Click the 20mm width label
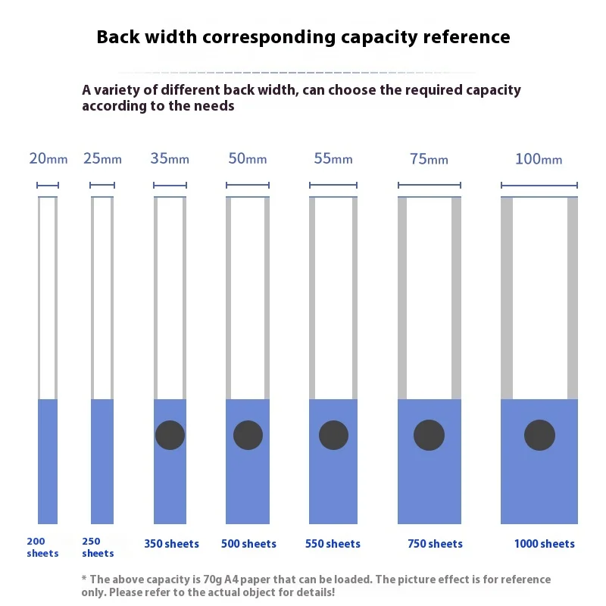pos(48,159)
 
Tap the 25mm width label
pos(102,159)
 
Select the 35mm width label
pos(170,159)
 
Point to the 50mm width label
pos(247,159)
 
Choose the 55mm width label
pos(333,159)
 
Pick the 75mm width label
pos(429,159)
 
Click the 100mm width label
pos(539,159)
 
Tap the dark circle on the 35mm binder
pos(170,435)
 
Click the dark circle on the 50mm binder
pos(248,435)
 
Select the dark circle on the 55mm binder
pos(333,435)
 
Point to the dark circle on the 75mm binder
pos(429,435)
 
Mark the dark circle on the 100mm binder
pos(539,435)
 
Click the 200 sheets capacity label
pos(42,548)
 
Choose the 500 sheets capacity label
pos(248,544)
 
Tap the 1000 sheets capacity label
pos(544,544)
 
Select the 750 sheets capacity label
pos(435,544)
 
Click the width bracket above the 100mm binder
pos(539,186)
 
